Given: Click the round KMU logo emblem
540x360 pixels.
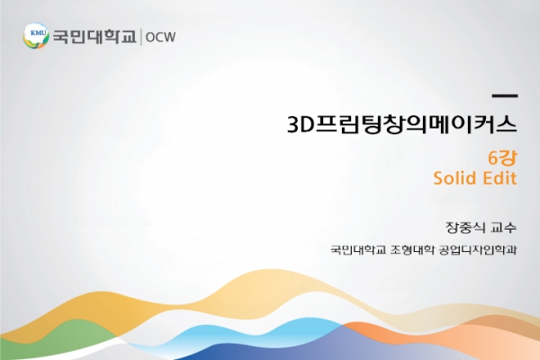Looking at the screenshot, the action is [x=36, y=36].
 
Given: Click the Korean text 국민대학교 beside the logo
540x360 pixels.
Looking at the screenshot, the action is [x=94, y=37].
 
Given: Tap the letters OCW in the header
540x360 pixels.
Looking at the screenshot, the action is [x=160, y=37].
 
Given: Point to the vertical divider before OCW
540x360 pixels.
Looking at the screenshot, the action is [x=141, y=37].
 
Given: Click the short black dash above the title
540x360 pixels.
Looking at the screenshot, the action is [x=505, y=96].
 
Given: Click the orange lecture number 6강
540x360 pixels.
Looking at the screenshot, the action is [x=502, y=157].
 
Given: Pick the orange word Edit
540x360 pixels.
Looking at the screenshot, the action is [x=500, y=178].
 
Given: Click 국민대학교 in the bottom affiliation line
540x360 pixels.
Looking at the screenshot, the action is [x=358, y=250].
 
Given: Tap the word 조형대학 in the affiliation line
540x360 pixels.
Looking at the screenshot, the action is [x=412, y=250].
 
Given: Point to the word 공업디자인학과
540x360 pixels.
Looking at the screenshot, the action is [x=478, y=250].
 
